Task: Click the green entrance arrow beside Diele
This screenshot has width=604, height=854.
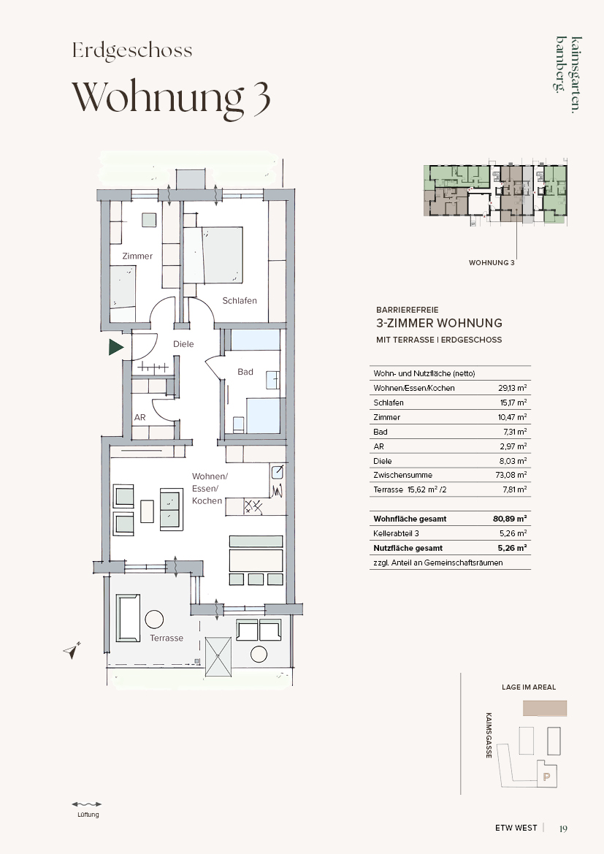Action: pos(115,347)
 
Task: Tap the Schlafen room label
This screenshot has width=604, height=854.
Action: pos(239,301)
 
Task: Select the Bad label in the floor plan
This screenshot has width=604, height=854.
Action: pos(245,372)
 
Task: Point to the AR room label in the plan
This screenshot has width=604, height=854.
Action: pos(140,417)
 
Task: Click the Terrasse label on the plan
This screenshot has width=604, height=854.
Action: pos(167,638)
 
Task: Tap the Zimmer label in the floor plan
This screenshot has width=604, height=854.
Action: pos(137,256)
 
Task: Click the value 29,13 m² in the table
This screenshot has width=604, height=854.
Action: pos(512,388)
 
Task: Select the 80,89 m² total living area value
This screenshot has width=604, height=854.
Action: pos(510,519)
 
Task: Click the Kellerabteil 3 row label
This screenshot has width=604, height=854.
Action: pos(396,534)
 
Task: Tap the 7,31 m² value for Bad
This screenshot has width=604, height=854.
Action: pos(514,431)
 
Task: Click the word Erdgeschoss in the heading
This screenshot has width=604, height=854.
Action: pos(132,50)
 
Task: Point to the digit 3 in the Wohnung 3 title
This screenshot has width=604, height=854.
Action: pos(261,98)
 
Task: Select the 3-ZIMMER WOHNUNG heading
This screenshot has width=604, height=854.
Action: pos(440,323)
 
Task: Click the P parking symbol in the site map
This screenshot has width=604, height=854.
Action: pos(547,777)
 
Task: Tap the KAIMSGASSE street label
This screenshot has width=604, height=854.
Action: pos(489,735)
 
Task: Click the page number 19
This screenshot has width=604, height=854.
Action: pos(563,828)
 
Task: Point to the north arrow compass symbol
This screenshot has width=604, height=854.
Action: pos(72,649)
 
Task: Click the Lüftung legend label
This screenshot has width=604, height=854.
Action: pos(88,815)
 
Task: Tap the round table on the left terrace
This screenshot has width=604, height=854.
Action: pos(154,619)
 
